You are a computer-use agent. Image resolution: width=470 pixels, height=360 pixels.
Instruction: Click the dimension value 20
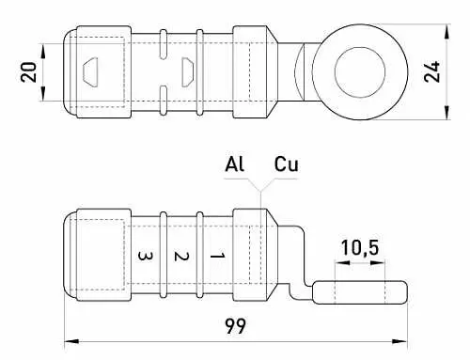click(x=28, y=71)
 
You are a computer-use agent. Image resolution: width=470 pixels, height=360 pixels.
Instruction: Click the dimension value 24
click(x=432, y=72)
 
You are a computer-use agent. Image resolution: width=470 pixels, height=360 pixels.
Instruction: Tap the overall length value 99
click(x=236, y=327)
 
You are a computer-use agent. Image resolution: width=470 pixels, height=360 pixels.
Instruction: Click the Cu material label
click(x=287, y=164)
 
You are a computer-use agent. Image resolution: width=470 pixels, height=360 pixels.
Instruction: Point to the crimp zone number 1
click(x=217, y=255)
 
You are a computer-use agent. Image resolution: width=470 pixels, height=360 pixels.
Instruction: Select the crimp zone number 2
click(x=181, y=255)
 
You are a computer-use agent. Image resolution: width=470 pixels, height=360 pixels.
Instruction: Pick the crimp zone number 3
click(x=145, y=255)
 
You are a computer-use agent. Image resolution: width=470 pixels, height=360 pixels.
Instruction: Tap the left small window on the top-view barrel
click(x=91, y=71)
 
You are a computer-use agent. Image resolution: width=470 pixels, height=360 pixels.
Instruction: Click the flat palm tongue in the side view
click(x=362, y=292)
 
